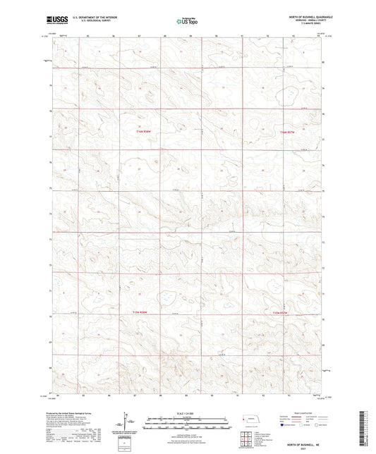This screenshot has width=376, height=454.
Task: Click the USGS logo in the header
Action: click(51, 20)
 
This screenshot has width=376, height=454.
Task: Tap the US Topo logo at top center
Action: click(185, 21)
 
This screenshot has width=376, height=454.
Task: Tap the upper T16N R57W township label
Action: click(286, 132)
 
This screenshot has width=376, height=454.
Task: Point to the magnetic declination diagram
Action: click(129, 423)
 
